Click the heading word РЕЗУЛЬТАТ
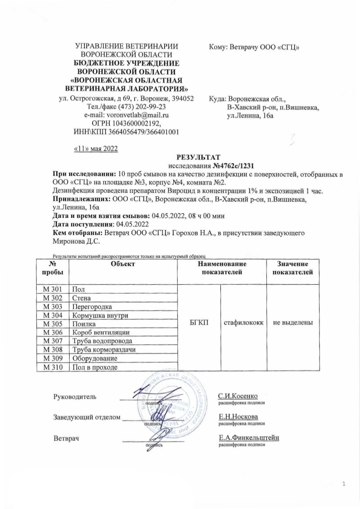[199, 157]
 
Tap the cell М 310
[53, 367]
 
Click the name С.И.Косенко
[238, 396]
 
